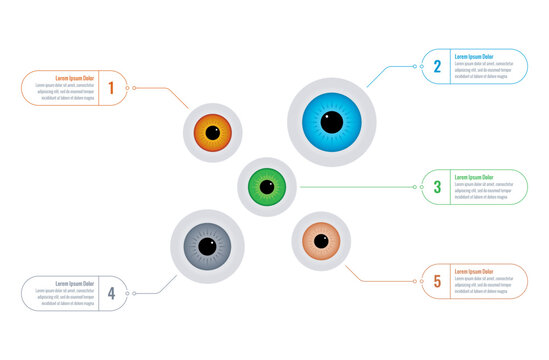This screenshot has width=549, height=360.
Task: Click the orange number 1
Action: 111,88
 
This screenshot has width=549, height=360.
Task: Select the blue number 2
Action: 437,67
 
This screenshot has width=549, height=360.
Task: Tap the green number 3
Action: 437,187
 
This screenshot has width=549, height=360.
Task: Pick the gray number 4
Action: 111,293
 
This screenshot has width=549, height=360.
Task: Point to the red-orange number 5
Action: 437,282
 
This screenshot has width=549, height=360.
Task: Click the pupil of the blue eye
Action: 331,122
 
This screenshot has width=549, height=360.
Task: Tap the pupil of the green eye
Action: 267,186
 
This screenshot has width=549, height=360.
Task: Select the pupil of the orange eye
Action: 212,132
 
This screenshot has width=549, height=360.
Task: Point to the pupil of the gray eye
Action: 207,246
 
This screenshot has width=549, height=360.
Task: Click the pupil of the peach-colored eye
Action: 321,241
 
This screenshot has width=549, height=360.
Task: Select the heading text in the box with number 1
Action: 75,78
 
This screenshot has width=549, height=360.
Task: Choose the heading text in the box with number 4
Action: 75,283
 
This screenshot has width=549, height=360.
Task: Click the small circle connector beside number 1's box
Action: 133,88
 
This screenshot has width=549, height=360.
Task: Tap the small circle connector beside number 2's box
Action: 416,67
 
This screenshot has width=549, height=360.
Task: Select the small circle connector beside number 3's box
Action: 416,187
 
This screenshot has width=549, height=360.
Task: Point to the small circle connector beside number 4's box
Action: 133,293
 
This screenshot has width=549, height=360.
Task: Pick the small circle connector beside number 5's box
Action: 416,282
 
